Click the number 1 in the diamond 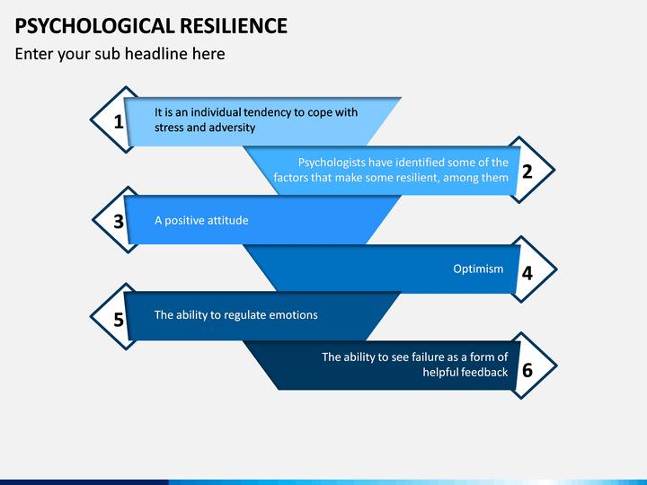(119, 121)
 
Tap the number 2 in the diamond (527, 172)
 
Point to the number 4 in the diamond (527, 273)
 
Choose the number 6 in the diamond (527, 370)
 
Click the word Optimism (478, 269)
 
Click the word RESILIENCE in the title (234, 26)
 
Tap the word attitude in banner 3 (227, 220)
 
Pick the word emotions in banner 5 (293, 315)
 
